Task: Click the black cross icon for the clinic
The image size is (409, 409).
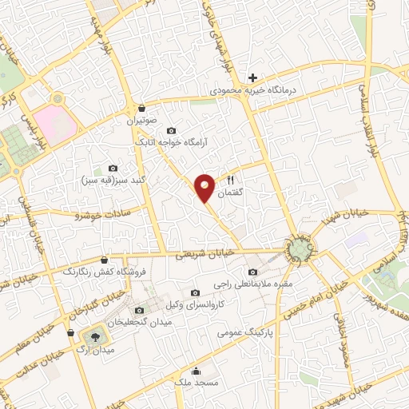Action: coord(253,77)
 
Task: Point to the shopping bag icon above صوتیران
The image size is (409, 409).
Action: coord(142,107)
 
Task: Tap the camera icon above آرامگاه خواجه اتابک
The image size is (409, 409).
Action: coord(170,130)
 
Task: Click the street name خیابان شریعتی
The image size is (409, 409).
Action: coord(205,252)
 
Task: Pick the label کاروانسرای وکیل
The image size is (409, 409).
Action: coord(197,306)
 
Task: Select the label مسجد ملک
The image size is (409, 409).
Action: coord(197,384)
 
